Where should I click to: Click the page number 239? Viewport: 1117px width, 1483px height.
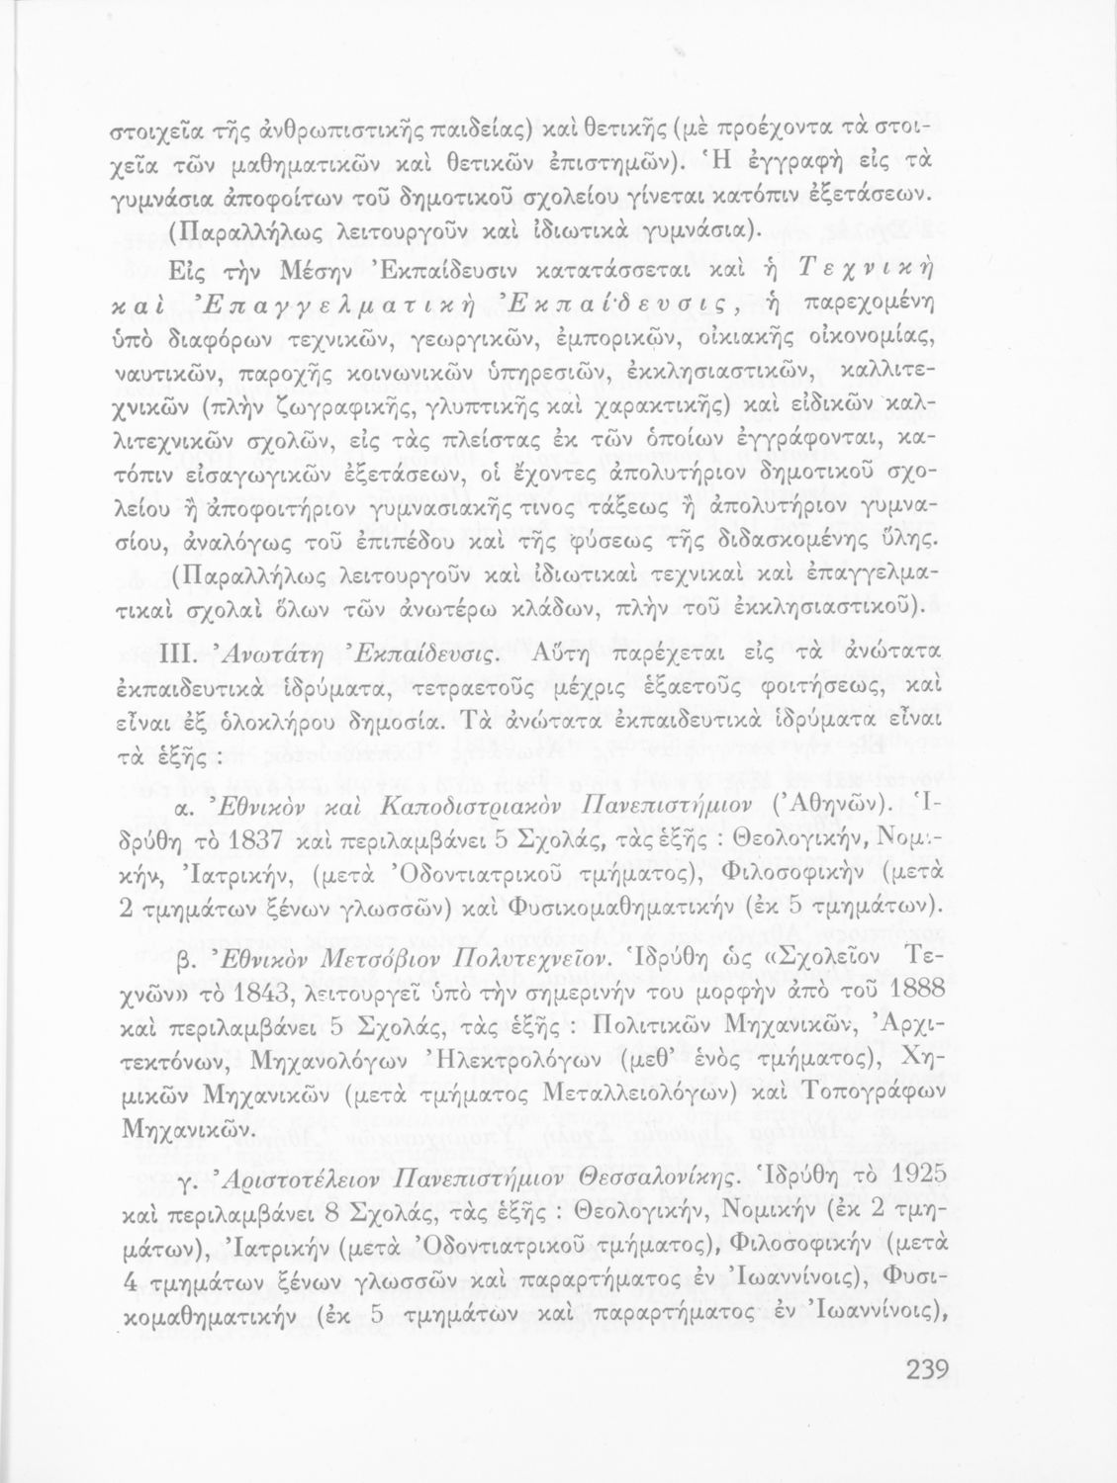click(926, 1371)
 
